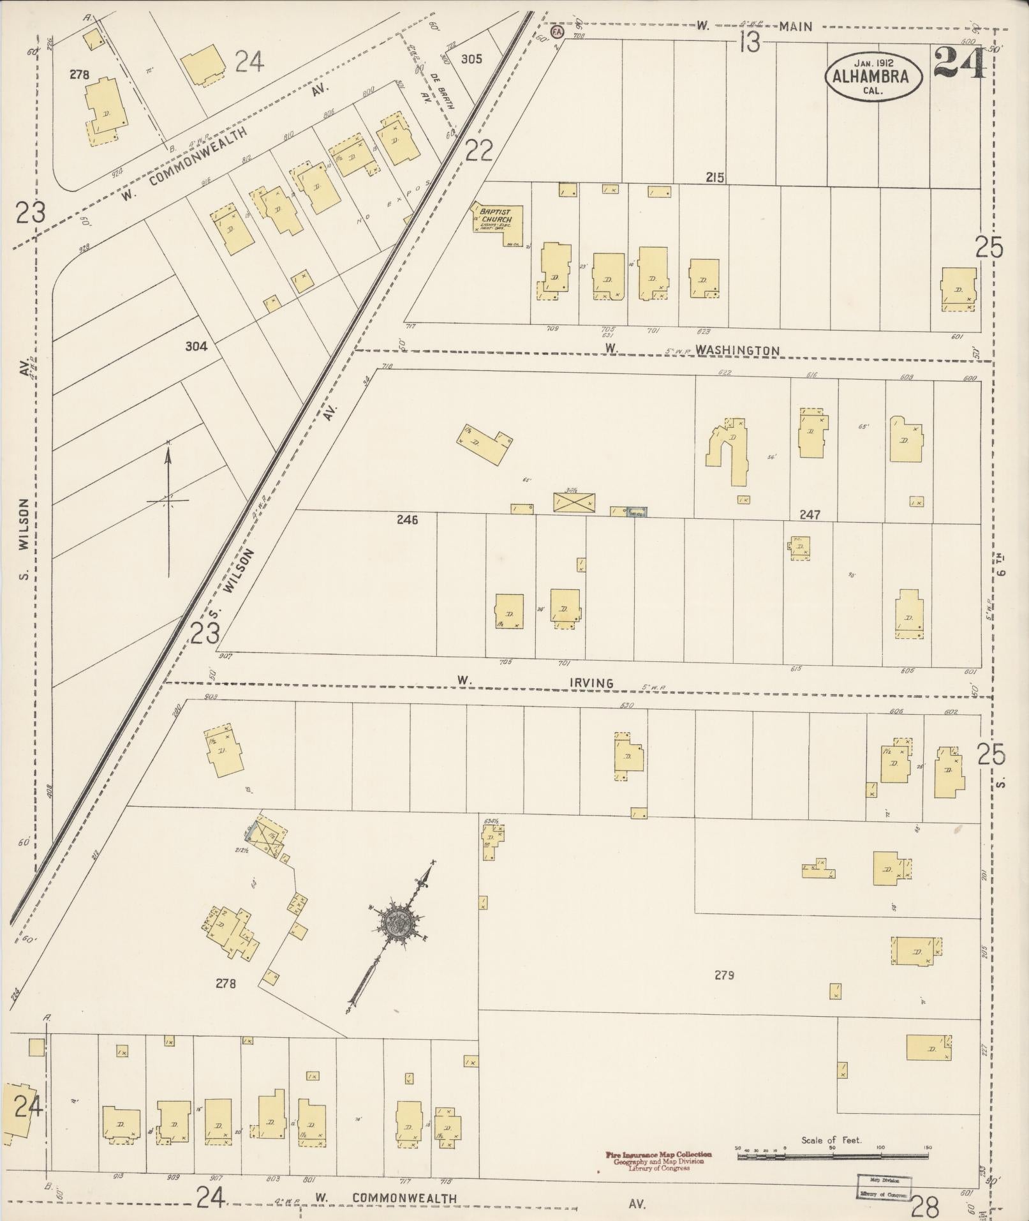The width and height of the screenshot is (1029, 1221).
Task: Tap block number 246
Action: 407,520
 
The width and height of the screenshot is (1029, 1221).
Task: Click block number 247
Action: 809,514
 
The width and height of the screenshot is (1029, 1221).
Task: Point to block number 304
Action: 196,347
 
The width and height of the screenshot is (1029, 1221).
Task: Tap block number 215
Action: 715,178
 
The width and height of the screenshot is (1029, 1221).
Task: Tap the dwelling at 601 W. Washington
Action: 958,289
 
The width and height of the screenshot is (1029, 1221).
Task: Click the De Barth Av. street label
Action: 440,91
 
